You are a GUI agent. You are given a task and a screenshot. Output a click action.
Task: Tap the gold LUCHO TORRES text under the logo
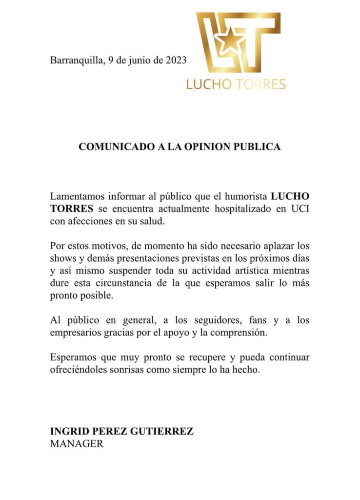pyautogui.click(x=236, y=84)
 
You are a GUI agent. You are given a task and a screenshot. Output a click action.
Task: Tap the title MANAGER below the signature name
pyautogui.click(x=77, y=444)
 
